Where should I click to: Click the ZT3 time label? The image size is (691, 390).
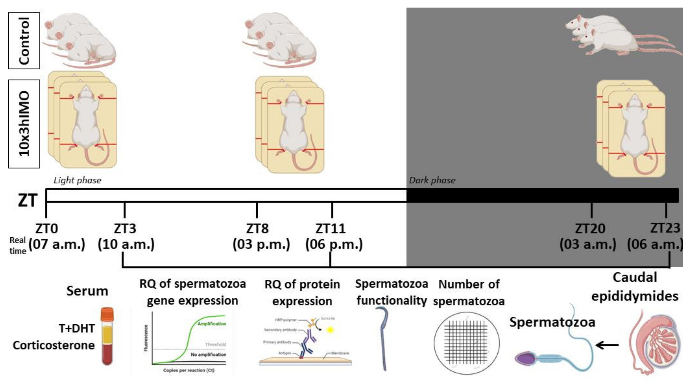125,228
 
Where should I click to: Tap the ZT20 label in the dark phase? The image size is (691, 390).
590,228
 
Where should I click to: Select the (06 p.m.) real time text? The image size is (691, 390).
334,244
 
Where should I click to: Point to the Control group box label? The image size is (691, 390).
24,41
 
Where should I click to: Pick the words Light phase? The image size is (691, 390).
77,180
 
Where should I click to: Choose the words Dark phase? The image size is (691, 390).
432,180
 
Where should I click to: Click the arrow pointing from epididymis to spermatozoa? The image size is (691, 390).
607,345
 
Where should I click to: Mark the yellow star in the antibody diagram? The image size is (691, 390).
330,330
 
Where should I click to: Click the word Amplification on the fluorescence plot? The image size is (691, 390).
212,324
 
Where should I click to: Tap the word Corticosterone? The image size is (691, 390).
54,345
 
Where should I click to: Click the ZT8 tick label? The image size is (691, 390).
257,228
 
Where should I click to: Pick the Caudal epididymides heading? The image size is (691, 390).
635,287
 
